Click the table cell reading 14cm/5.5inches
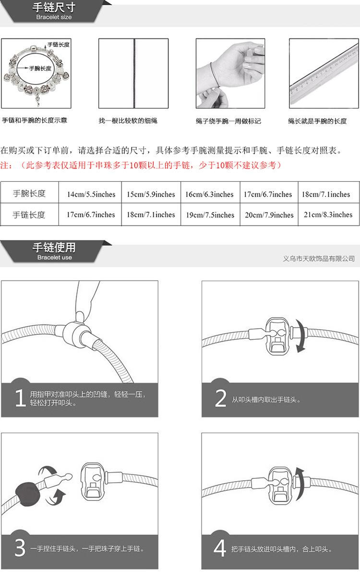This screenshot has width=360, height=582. point(91,194)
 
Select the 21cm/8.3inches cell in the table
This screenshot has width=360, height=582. point(328,215)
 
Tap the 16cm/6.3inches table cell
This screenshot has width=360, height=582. point(209,194)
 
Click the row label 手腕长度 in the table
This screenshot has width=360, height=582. point(29,194)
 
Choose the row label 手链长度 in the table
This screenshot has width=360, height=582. point(29,215)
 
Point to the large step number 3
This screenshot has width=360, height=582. point(20,548)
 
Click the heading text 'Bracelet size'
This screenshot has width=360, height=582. point(54,17)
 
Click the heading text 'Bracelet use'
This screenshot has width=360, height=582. point(54,258)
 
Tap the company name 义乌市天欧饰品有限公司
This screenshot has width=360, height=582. point(319,259)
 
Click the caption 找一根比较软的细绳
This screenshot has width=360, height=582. point(128,121)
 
